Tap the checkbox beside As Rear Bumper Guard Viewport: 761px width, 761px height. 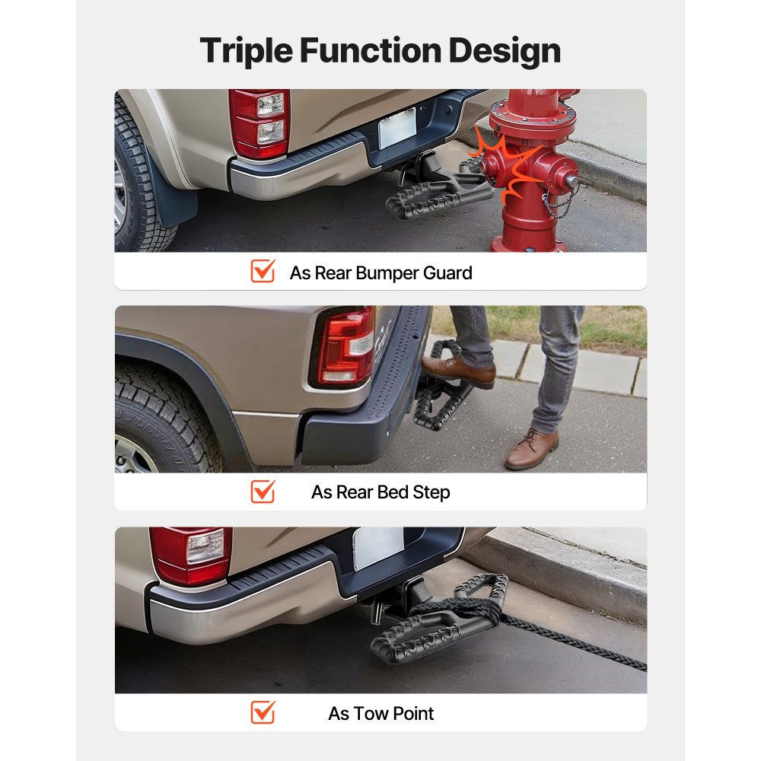point(263,271)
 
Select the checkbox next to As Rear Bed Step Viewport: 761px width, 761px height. point(263,492)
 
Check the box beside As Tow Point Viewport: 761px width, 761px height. point(263,712)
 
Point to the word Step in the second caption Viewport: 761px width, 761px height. point(431,492)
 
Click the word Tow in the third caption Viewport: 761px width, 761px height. point(346,713)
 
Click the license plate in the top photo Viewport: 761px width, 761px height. point(397,128)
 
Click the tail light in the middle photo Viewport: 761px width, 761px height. point(346,346)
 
